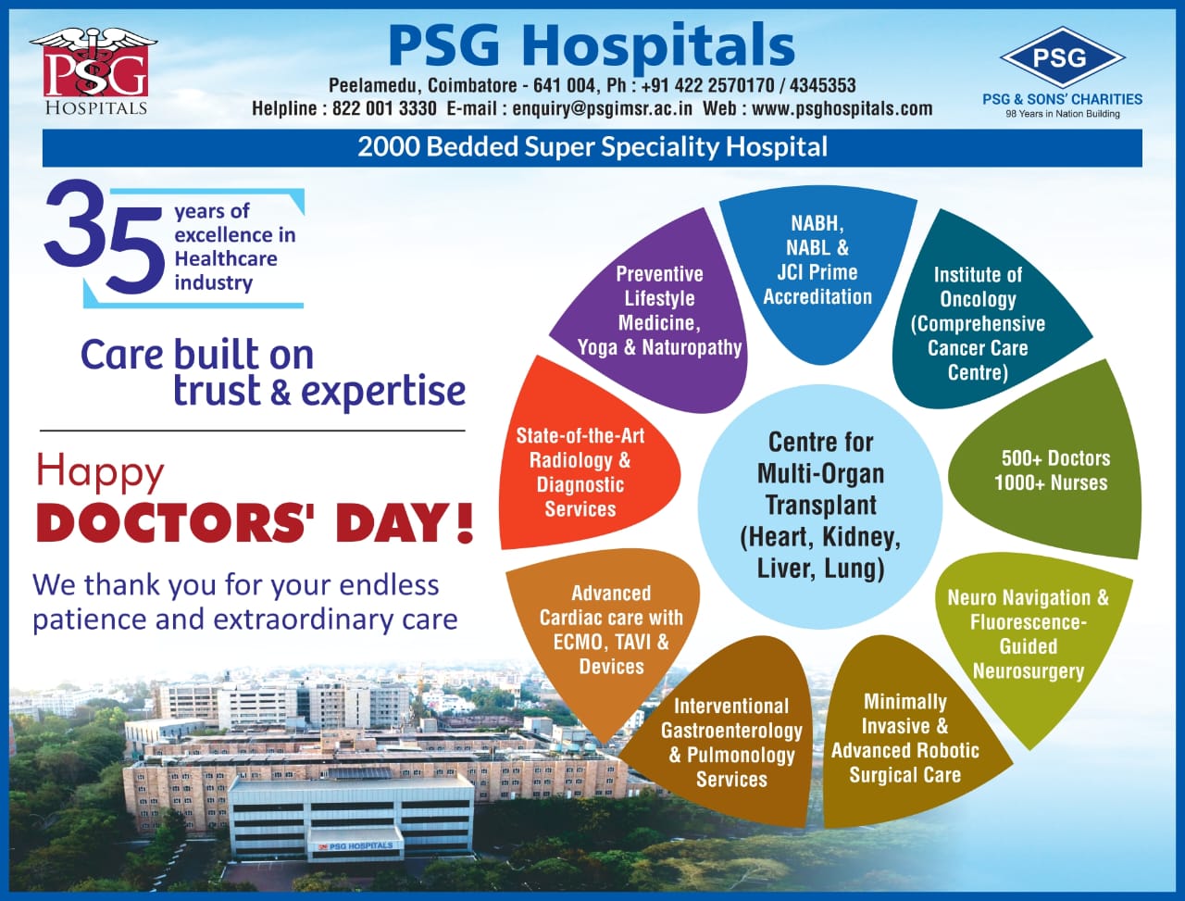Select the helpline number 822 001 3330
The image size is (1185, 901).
(x=384, y=108)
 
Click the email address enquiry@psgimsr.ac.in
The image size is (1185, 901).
(x=602, y=108)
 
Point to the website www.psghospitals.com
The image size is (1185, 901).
(x=842, y=108)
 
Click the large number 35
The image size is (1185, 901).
(x=104, y=238)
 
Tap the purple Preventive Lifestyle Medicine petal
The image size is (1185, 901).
(x=654, y=313)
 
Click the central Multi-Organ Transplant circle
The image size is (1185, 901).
(x=820, y=507)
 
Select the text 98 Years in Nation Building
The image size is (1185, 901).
(x=1063, y=114)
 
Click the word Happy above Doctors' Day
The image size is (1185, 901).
(x=100, y=473)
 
